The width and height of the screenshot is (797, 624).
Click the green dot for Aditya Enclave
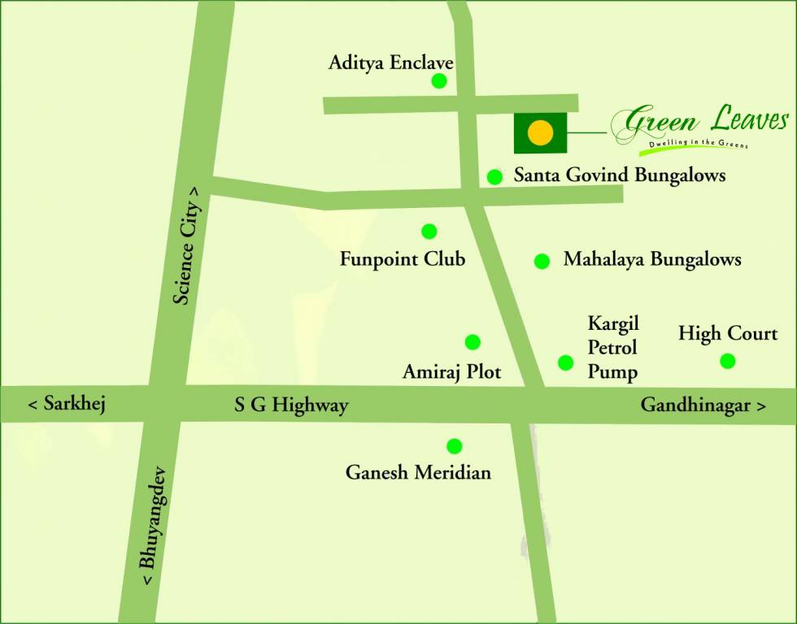click(x=439, y=80)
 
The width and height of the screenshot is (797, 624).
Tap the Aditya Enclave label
click(x=390, y=63)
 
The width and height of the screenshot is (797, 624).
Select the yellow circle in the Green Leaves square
click(x=540, y=132)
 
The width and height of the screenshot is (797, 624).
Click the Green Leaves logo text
click(x=700, y=122)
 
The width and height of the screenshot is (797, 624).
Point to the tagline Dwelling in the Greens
click(x=693, y=144)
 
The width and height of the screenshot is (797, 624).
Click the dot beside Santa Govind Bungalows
click(x=494, y=177)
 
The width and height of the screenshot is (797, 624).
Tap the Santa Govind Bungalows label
click(x=620, y=175)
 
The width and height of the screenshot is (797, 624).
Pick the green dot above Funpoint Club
click(x=429, y=232)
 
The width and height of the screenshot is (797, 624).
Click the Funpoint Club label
click(x=403, y=259)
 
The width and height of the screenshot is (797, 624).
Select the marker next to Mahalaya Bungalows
click(x=542, y=261)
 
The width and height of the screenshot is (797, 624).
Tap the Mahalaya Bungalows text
click(x=652, y=260)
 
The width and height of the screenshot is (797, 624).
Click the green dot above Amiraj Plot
click(x=473, y=342)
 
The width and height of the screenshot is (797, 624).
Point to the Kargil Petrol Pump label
click(x=613, y=349)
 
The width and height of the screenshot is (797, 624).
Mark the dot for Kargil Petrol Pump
click(x=566, y=362)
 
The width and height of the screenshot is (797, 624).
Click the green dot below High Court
click(x=728, y=361)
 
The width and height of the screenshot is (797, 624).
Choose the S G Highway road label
click(x=291, y=405)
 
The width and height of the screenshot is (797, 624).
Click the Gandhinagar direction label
click(x=703, y=405)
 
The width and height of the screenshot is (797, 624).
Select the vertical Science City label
click(x=186, y=245)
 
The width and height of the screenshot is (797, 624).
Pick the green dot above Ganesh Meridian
click(x=455, y=446)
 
